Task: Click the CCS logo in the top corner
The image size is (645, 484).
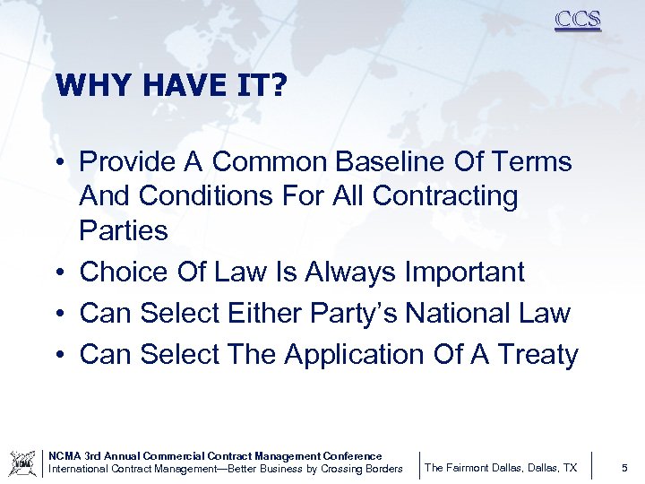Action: click(578, 19)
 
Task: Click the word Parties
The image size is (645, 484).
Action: click(124, 231)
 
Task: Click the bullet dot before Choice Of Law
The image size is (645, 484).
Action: click(56, 272)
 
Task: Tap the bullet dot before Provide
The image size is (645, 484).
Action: click(56, 162)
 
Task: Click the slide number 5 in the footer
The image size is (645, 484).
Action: click(623, 468)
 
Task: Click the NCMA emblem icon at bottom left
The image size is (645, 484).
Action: click(21, 462)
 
